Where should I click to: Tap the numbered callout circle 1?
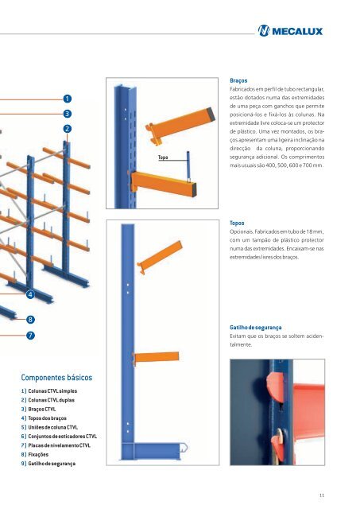pyautogui.click(x=68, y=98)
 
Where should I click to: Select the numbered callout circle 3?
pyautogui.click(x=68, y=114)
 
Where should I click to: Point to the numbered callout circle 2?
pyautogui.click(x=68, y=129)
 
